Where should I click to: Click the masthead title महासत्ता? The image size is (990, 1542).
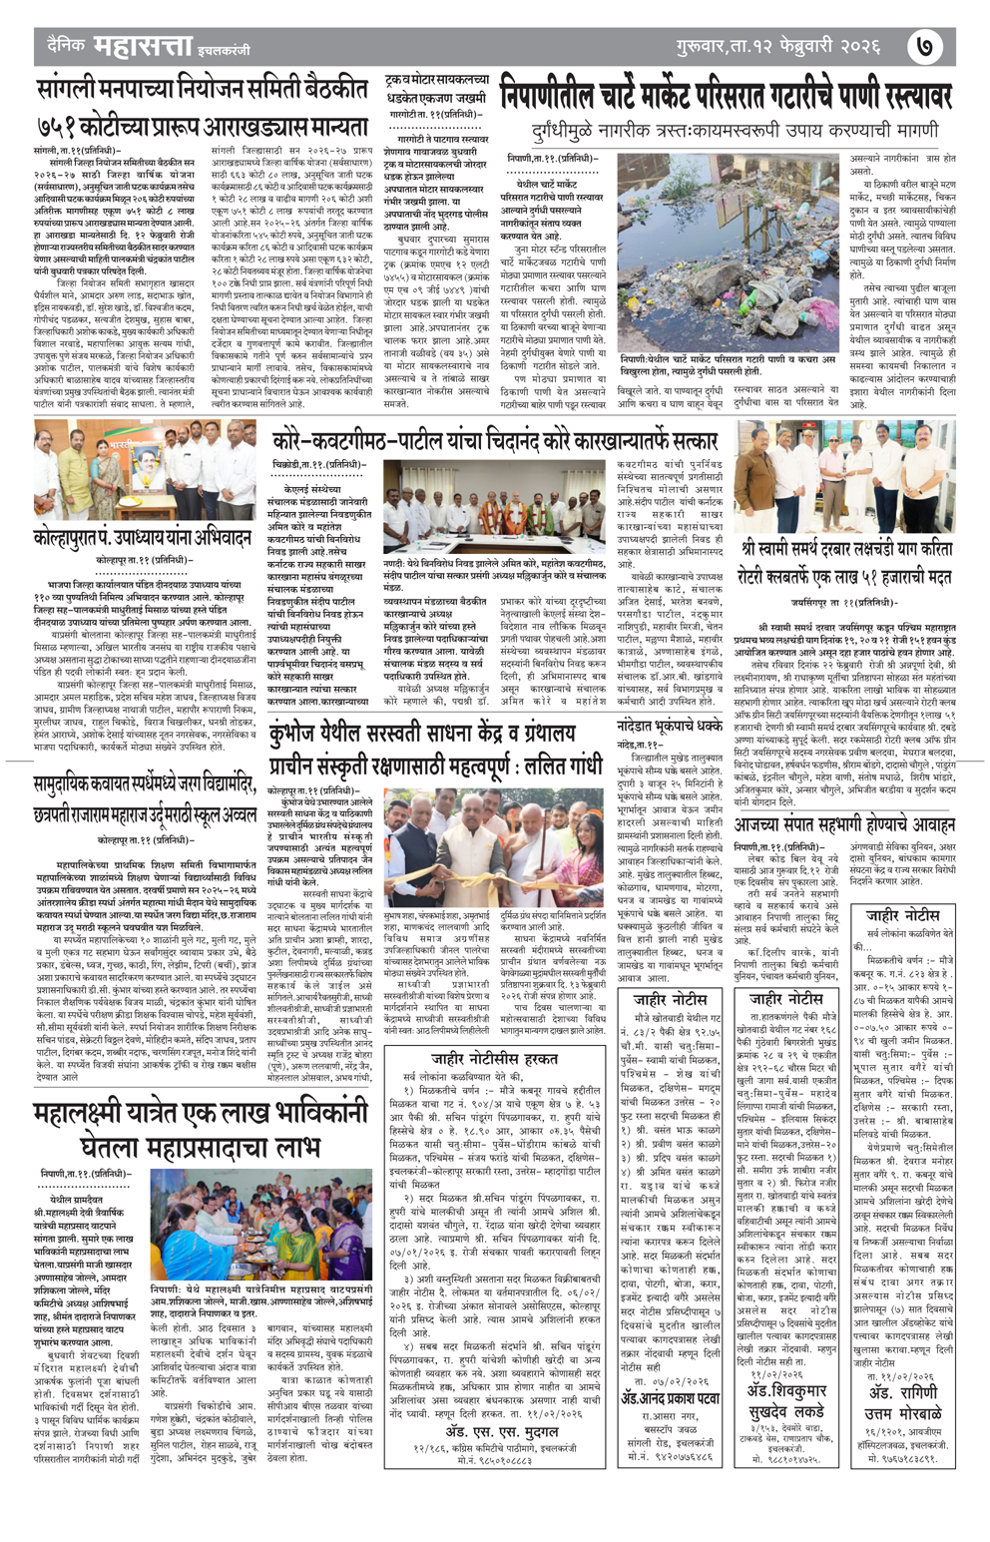click(x=137, y=46)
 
